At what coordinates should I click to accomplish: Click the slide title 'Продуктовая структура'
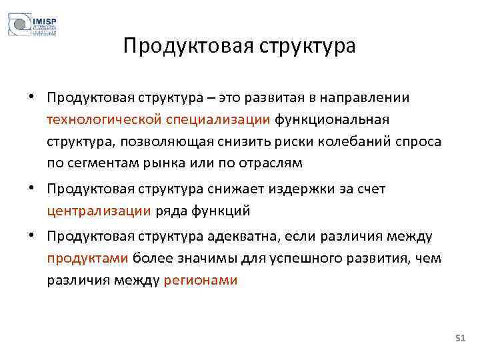click(x=240, y=47)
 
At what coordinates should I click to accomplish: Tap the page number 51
click(x=459, y=339)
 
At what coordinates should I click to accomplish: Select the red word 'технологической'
click(x=89, y=120)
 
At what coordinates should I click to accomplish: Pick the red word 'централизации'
click(x=99, y=211)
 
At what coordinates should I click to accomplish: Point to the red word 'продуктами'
click(x=88, y=258)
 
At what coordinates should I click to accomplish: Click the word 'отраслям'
click(x=272, y=163)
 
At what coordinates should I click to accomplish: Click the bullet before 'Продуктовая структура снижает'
click(x=31, y=189)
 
